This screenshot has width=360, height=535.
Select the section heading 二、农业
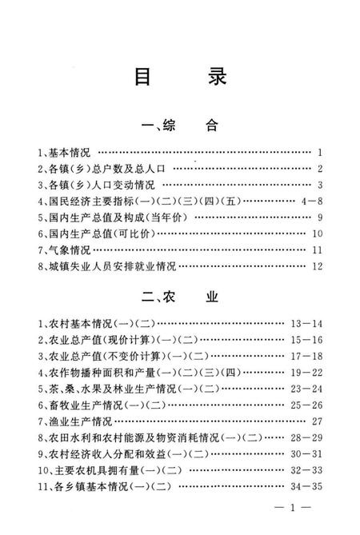tap(179, 298)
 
